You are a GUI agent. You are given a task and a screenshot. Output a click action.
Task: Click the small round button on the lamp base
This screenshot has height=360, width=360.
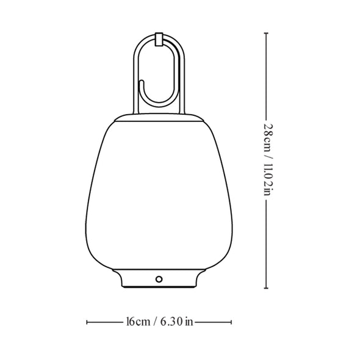(159, 279)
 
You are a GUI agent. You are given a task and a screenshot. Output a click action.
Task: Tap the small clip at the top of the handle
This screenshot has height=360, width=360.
(159, 40)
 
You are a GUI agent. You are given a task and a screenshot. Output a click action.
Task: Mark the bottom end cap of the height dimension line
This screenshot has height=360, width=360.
(267, 289)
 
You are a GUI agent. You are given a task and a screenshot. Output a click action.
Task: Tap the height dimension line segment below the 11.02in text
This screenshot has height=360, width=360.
(267, 244)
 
